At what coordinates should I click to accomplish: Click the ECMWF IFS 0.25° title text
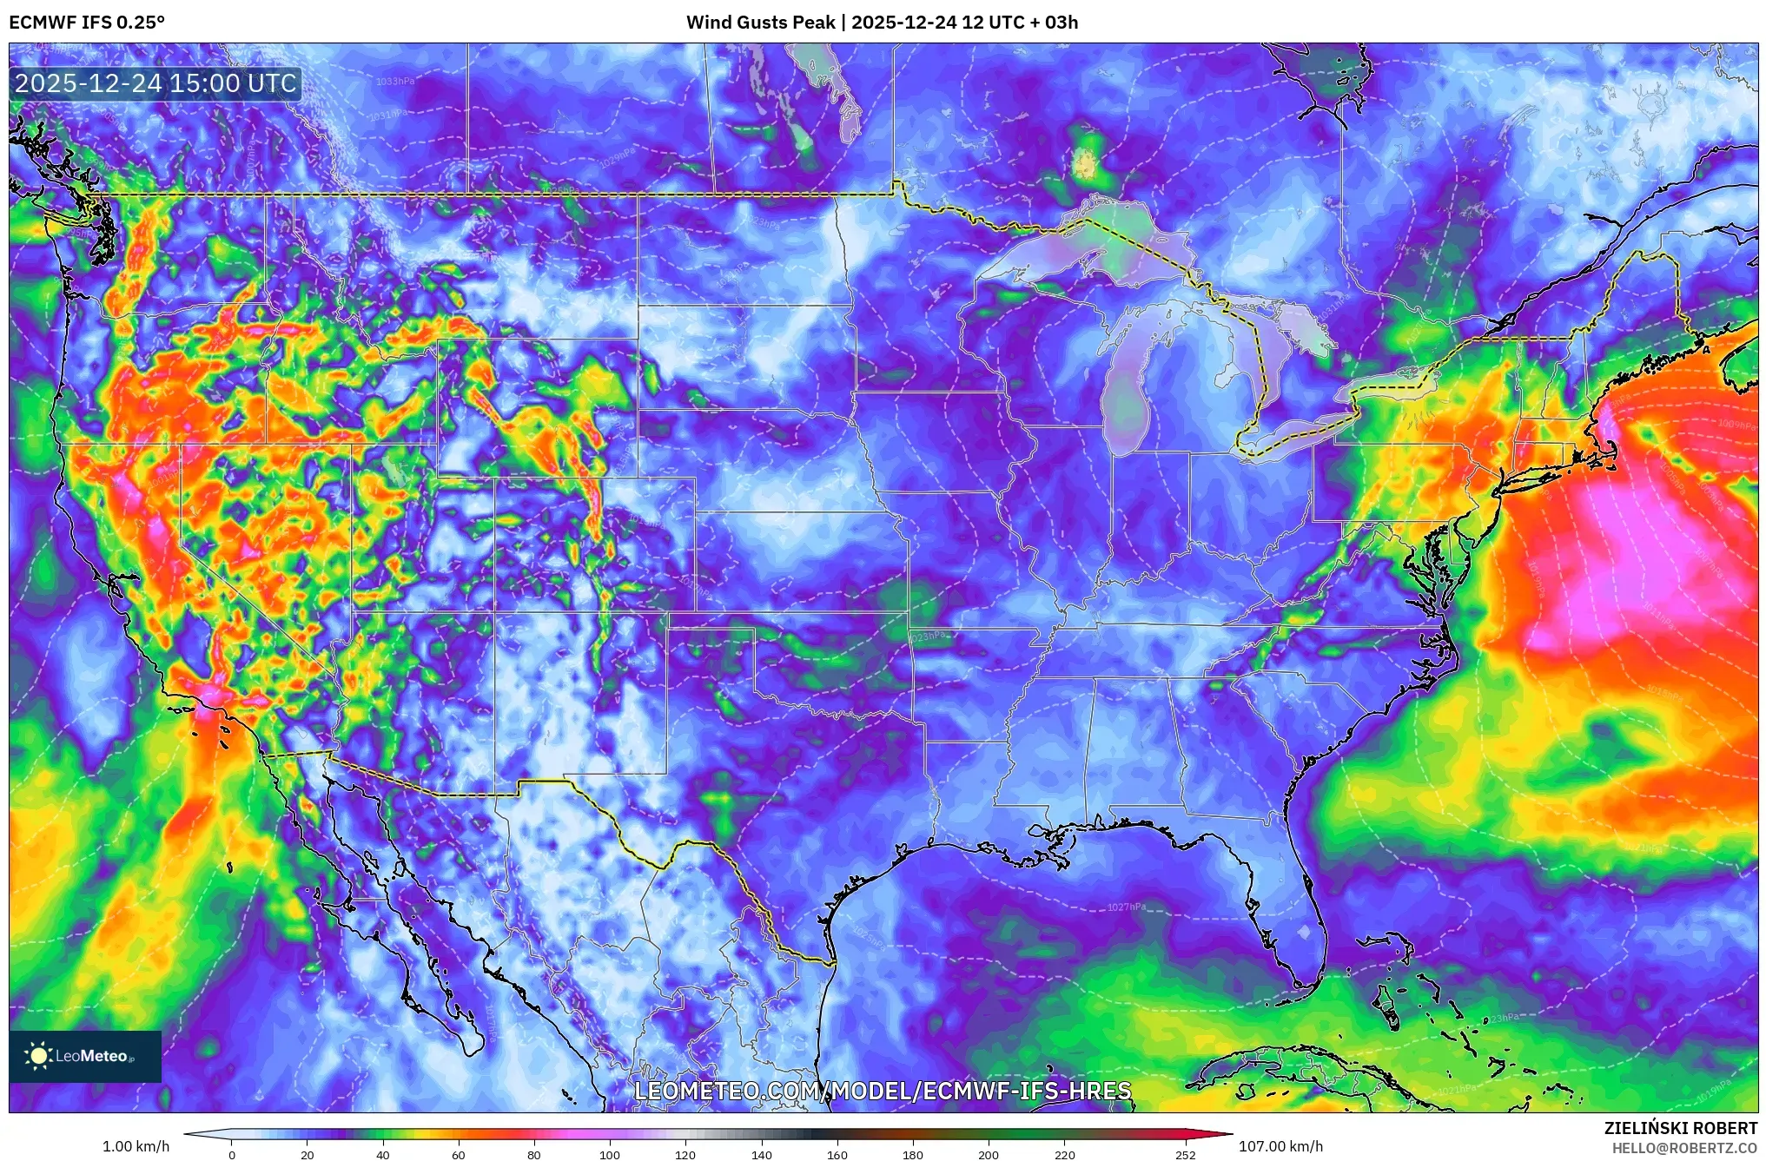87,23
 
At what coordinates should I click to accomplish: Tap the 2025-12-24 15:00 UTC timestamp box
156,84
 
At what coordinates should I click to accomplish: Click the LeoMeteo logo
85,1056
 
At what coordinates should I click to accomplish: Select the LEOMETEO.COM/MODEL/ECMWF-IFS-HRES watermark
883,1092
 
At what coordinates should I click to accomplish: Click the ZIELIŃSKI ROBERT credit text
1680,1128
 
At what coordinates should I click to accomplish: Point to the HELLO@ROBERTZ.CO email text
1684,1148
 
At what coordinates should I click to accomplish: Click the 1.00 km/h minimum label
136,1146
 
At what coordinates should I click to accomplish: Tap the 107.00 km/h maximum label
1280,1146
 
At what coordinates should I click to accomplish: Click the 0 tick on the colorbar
231,1155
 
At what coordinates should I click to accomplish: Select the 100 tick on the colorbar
610,1155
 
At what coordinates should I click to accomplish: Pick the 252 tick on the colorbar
1186,1155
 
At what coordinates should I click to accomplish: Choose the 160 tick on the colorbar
837,1155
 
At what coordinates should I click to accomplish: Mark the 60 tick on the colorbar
459,1155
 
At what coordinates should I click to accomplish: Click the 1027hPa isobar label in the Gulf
1126,907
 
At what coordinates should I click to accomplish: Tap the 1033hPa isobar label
395,82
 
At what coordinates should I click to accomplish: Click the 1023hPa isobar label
927,637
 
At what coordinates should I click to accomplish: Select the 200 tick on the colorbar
989,1155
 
